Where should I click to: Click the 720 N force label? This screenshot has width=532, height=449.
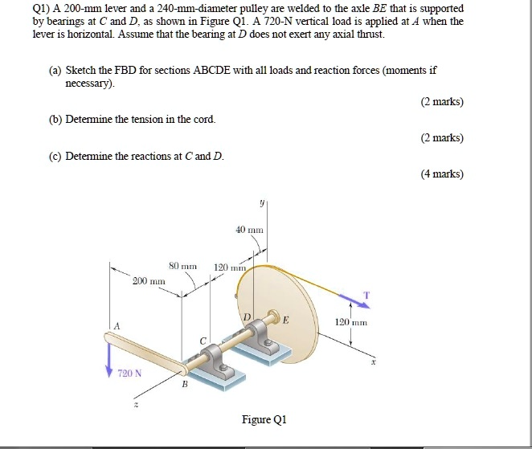[x=129, y=373]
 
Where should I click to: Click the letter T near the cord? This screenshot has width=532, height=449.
[x=366, y=295]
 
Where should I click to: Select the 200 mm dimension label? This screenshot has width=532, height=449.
[x=149, y=282]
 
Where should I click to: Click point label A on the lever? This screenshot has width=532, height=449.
[x=117, y=326]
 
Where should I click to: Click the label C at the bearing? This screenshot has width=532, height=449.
[x=203, y=342]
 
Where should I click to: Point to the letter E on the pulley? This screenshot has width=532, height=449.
[x=285, y=320]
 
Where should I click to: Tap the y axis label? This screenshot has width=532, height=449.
[x=262, y=204]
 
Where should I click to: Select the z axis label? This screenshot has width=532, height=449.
[x=135, y=406]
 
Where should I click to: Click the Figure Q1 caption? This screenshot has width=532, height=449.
[x=264, y=419]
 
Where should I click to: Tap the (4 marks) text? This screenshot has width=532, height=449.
[x=442, y=173]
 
